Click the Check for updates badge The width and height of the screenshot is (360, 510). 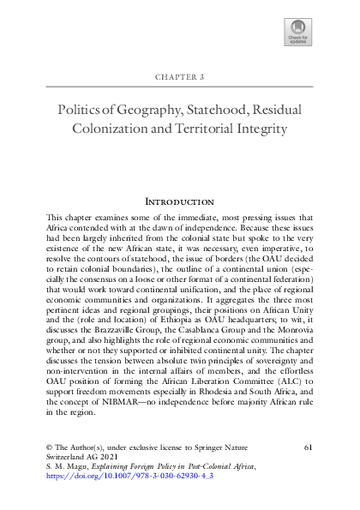coord(297,33)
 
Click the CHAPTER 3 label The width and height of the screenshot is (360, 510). coord(179,76)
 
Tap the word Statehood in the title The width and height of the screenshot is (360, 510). coord(213,111)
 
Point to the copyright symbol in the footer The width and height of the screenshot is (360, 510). coord(48,448)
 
